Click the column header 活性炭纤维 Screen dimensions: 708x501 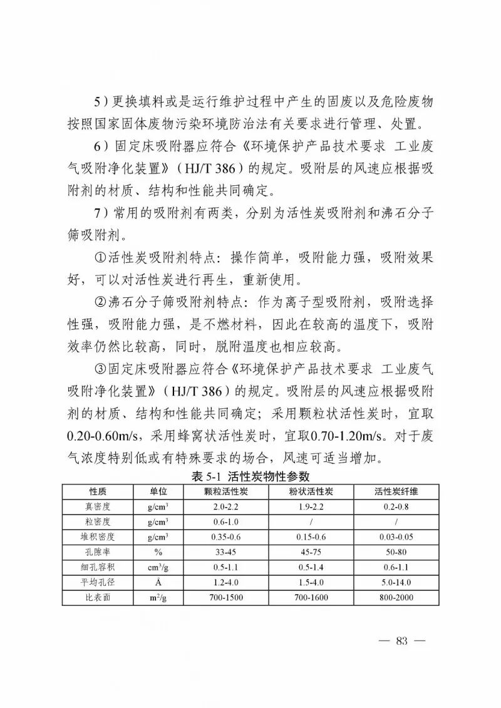point(396,491)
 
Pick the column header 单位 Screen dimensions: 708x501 point(157,491)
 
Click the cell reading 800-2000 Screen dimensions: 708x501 point(396,598)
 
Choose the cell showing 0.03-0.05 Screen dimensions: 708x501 point(396,537)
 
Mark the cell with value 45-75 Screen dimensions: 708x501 point(311,552)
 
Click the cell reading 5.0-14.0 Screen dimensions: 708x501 point(396,583)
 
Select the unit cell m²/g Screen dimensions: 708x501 point(157,598)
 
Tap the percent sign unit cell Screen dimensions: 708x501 point(157,552)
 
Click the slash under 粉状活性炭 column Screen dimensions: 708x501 point(311,522)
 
